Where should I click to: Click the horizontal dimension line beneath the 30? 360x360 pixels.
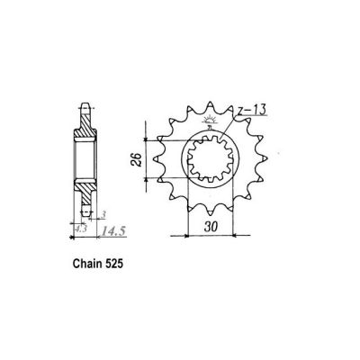pyautogui.click(x=210, y=236)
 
